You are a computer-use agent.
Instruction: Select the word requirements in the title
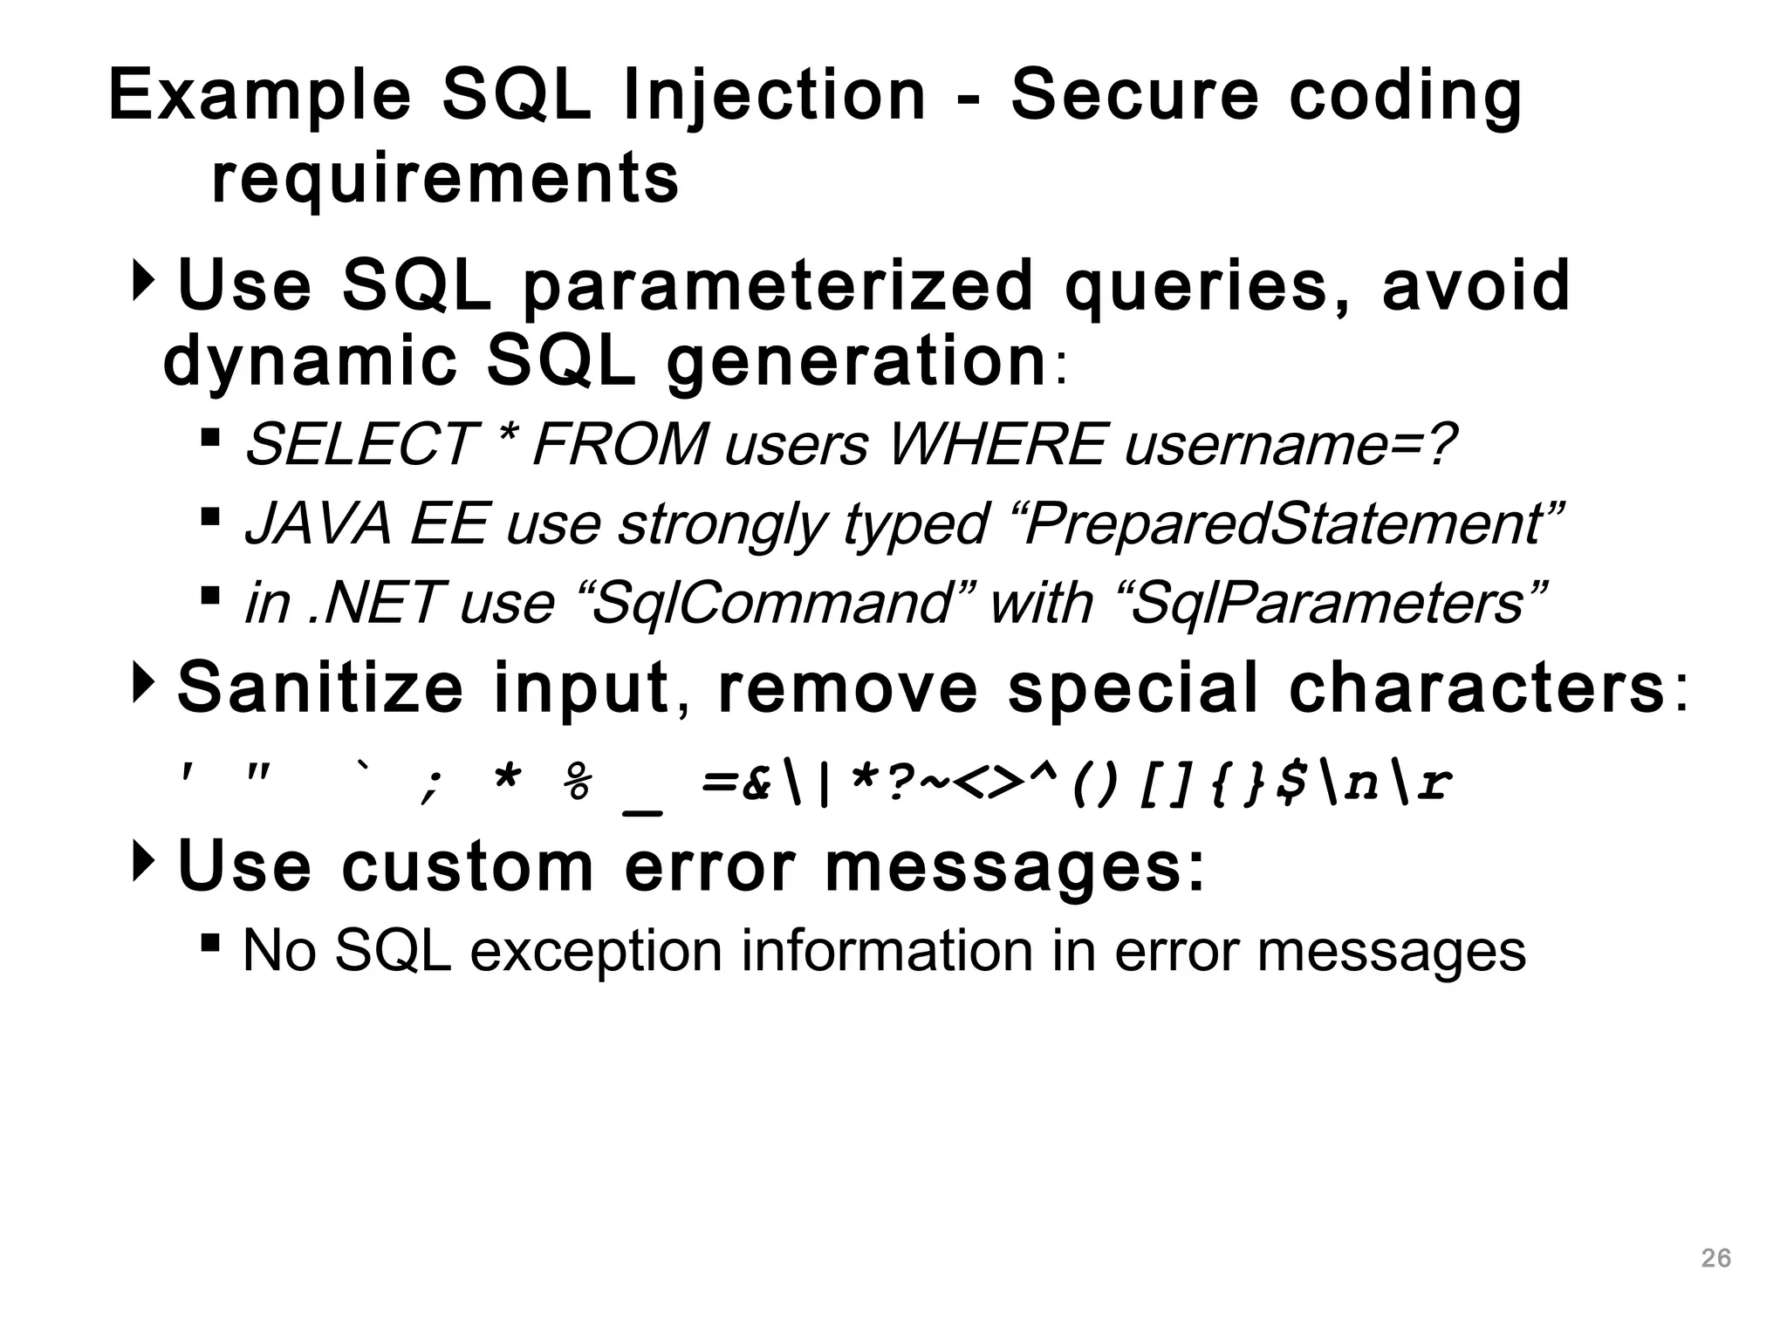[x=445, y=179]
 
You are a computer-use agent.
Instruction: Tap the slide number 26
[x=1716, y=1258]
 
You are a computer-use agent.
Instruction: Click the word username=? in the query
[x=1290, y=444]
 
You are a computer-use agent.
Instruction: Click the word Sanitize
[x=320, y=688]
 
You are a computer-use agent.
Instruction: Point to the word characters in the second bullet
[x=1476, y=688]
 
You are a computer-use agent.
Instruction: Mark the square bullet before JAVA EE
[x=209, y=516]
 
